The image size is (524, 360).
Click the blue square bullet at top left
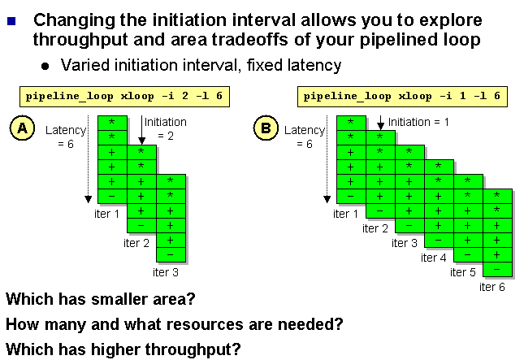tap(11, 21)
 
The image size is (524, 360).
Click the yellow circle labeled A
tap(23, 128)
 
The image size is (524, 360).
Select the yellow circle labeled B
tap(266, 128)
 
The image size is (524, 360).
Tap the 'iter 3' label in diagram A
tap(166, 272)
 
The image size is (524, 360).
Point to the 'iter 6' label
tap(492, 287)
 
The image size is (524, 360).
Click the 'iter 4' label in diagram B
tap(434, 258)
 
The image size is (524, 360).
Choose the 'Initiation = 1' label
tap(418, 122)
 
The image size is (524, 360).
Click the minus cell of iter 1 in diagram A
tap(112, 196)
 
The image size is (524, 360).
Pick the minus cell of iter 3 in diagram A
tap(171, 254)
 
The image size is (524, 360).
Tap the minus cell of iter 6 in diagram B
tap(498, 270)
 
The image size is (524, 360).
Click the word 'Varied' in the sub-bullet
tap(84, 65)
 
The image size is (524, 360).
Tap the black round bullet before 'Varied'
tap(45, 66)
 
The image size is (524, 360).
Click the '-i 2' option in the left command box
tap(175, 97)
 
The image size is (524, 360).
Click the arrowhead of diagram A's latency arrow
tap(89, 199)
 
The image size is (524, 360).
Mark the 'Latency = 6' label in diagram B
tap(305, 137)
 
